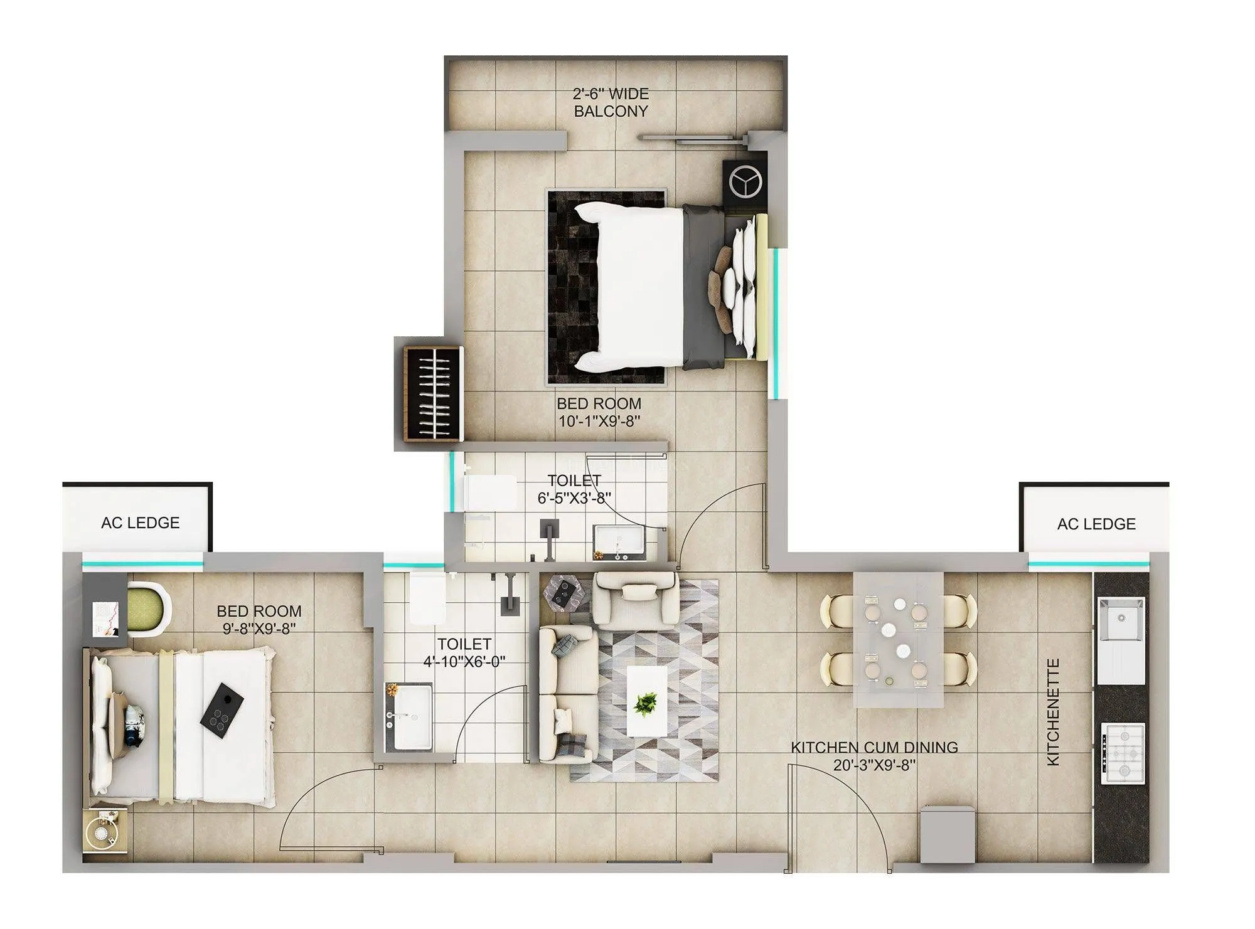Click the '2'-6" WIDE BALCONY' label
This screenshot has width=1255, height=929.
point(611,102)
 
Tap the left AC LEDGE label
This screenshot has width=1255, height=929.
point(140,523)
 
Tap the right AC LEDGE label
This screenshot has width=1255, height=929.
point(1096,524)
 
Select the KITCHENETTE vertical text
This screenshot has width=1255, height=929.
point(1054,711)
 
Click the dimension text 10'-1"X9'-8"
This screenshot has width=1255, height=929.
point(599,421)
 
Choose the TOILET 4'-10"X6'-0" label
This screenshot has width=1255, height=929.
point(464,652)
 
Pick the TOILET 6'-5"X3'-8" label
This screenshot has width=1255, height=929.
point(574,489)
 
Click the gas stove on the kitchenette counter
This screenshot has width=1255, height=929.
point(1123,753)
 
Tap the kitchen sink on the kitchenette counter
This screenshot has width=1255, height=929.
point(1121,618)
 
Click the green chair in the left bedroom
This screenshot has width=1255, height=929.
point(149,608)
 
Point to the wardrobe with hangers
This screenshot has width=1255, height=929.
point(432,393)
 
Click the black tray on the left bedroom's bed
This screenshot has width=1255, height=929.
point(222,711)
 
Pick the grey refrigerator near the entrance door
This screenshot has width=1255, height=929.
point(948,834)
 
